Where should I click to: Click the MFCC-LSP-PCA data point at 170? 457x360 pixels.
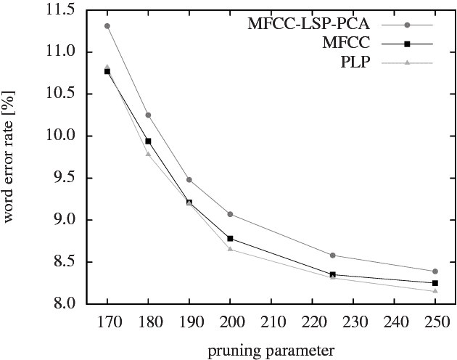click(x=107, y=26)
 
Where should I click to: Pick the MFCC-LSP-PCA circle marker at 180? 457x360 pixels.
click(x=148, y=115)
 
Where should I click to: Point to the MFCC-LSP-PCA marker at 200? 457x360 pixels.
click(x=230, y=214)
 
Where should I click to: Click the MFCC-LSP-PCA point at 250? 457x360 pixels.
click(x=435, y=271)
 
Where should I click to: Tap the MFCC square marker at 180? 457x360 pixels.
click(x=148, y=141)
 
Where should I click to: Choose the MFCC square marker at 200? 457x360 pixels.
click(x=230, y=238)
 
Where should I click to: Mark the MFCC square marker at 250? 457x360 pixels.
click(x=435, y=283)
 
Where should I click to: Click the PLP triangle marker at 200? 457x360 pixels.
click(x=230, y=249)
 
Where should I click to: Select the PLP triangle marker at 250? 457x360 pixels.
click(x=435, y=291)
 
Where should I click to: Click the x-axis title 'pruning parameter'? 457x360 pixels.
click(x=271, y=349)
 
